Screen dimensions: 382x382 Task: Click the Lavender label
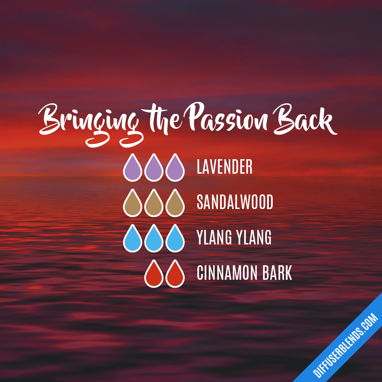pos(225,167)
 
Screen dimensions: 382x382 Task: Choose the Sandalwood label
pos(235,202)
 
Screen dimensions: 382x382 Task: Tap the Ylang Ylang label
pos(234,238)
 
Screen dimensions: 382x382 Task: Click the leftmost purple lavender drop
pos(133,169)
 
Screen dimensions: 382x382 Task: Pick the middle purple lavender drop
pos(154,169)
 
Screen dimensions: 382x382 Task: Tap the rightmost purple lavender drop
pos(175,169)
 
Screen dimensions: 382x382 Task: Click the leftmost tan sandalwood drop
pos(133,204)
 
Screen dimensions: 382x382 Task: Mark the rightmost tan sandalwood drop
pos(175,204)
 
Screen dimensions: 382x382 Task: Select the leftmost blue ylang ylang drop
pos(133,239)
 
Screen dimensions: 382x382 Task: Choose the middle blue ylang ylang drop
pos(154,239)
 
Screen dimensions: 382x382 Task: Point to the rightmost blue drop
pos(175,239)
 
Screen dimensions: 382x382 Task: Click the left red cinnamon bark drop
pos(154,275)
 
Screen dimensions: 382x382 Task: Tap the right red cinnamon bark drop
pos(175,275)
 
